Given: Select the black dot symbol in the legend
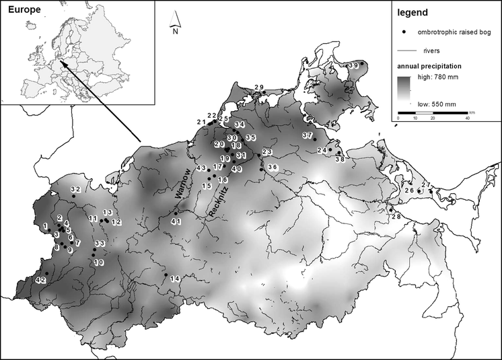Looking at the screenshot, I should tap(404, 32).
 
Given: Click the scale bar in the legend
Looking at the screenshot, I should tap(432, 111).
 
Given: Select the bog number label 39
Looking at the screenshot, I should tap(354, 64).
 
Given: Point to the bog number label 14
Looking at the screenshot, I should tap(175, 279).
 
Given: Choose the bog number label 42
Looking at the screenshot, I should tap(40, 279).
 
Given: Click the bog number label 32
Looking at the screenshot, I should tap(75, 190).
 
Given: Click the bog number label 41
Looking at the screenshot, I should tap(176, 221).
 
